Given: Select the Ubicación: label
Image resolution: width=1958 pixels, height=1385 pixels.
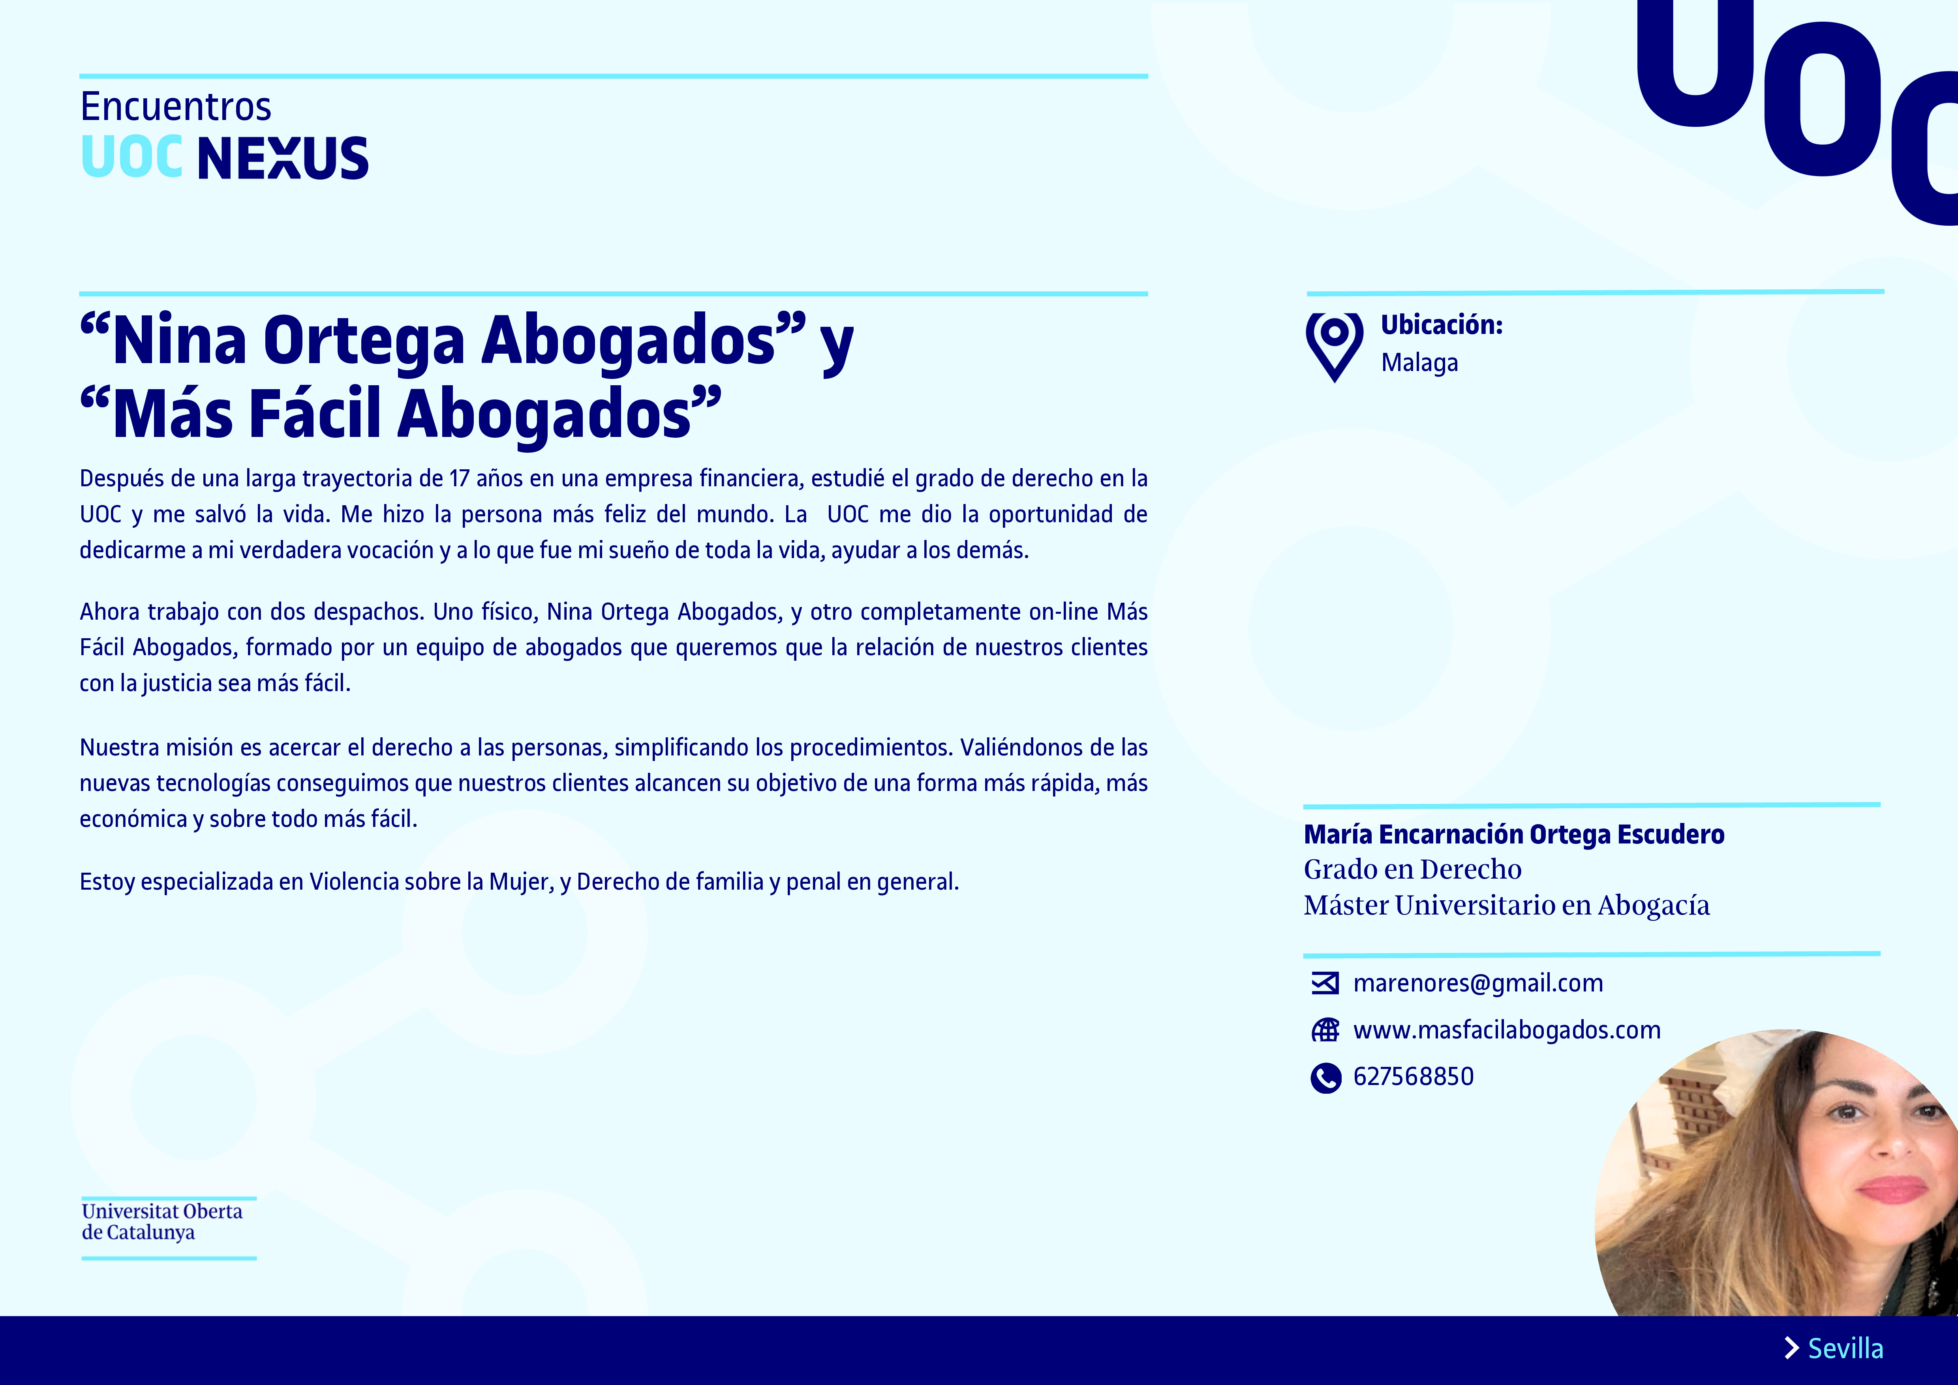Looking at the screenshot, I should click(x=1441, y=325).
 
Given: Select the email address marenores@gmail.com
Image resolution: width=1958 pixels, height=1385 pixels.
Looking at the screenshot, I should click(x=1477, y=983).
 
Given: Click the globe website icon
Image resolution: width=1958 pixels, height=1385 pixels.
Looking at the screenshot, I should click(x=1325, y=1030).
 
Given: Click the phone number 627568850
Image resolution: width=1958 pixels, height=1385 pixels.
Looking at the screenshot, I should click(x=1413, y=1077).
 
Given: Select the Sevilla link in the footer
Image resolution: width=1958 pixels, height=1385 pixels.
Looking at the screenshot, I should click(x=1845, y=1348).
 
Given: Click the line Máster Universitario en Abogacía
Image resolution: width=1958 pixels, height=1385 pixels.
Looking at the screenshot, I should click(x=1506, y=906).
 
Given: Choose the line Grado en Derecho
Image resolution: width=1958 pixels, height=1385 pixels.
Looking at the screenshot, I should click(x=1412, y=870).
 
